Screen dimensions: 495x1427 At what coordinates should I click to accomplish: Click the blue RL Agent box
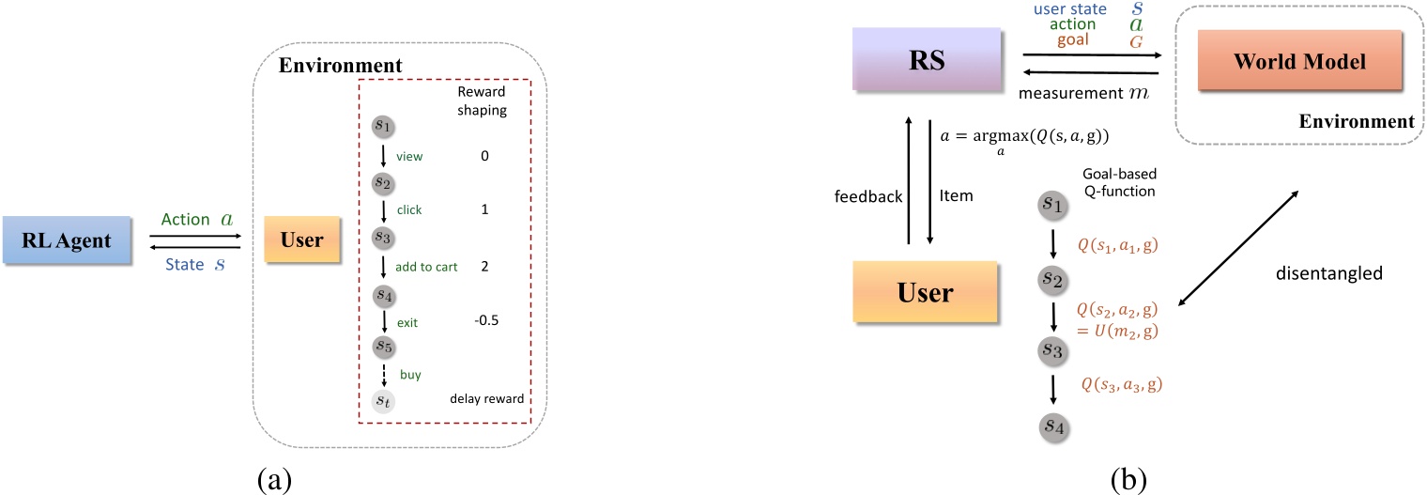[71, 240]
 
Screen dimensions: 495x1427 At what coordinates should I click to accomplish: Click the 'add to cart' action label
[425, 267]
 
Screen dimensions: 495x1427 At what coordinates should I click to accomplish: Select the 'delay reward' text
[485, 398]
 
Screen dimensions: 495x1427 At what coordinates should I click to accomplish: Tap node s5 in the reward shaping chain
[382, 346]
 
